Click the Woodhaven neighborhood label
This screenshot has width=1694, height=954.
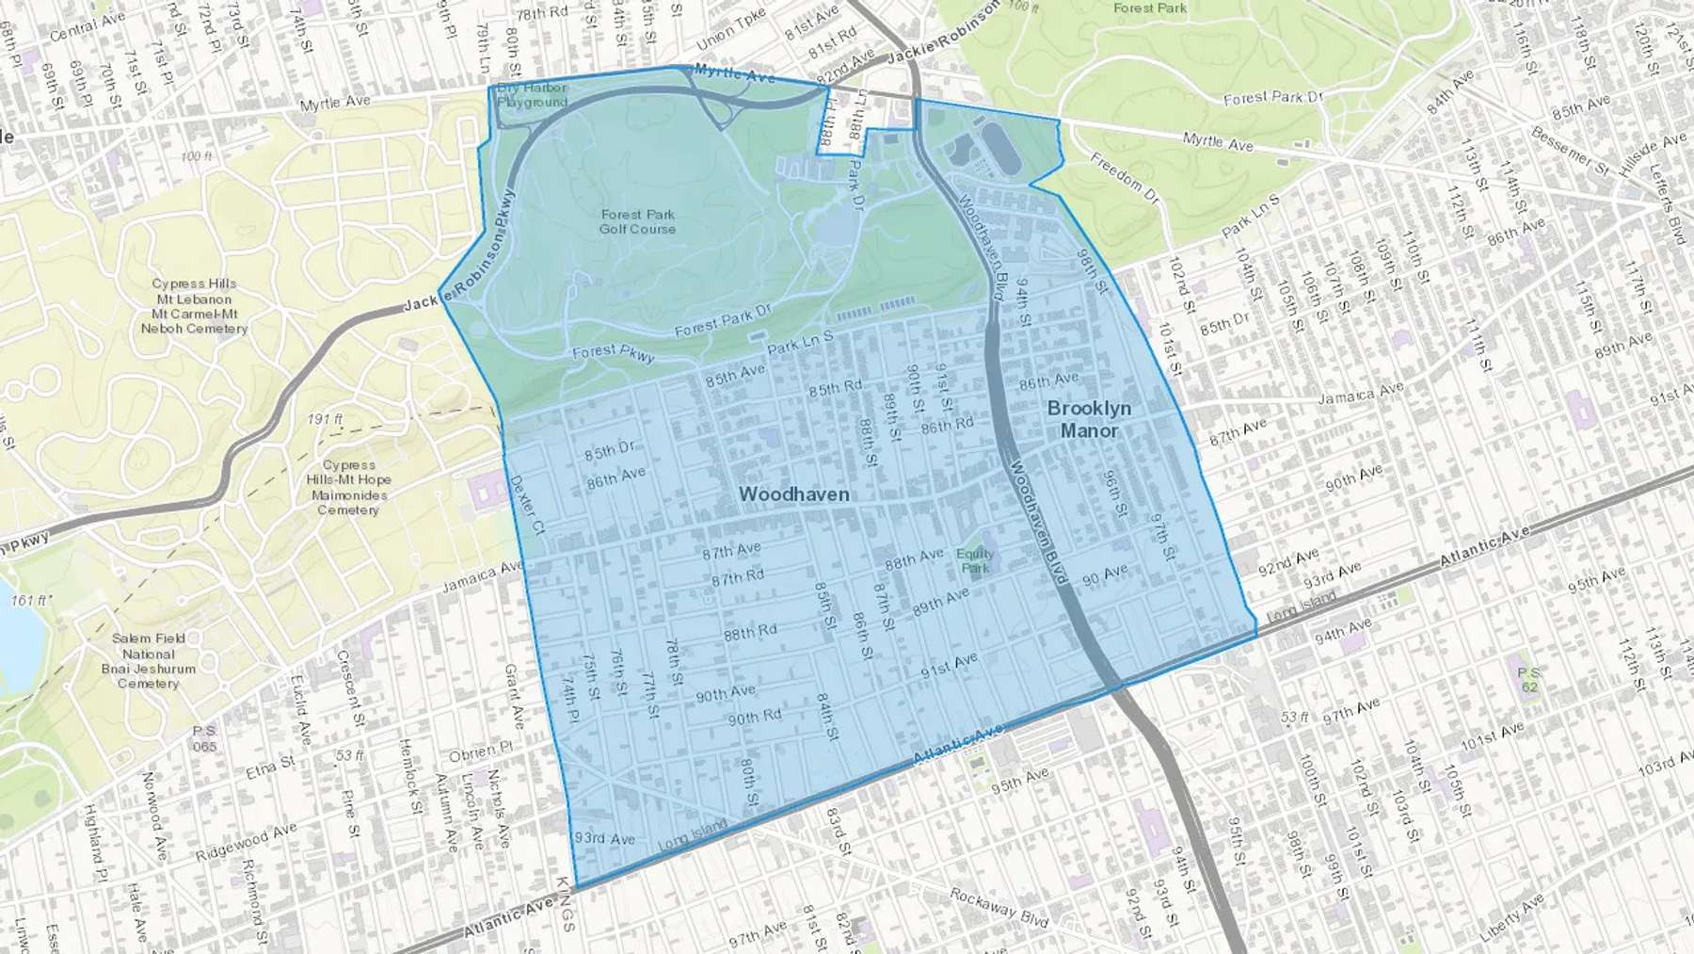[x=793, y=494]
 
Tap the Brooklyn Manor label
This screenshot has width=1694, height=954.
[x=1089, y=419]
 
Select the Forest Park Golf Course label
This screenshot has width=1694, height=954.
[x=637, y=221]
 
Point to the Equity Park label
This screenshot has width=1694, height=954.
[x=975, y=560]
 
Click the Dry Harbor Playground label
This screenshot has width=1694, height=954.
[x=533, y=95]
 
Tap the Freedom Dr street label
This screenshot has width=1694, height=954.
[x=1125, y=177]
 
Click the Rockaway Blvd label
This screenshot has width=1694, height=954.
[x=999, y=907]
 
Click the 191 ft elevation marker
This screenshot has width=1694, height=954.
[x=325, y=418]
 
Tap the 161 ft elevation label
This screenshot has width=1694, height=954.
[x=31, y=600]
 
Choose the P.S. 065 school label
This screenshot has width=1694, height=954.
[x=204, y=738]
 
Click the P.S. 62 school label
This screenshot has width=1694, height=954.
[x=1528, y=679]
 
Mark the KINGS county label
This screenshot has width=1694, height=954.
[x=564, y=904]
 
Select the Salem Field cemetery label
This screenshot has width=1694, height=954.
[x=149, y=660]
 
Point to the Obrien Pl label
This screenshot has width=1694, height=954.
[x=480, y=752]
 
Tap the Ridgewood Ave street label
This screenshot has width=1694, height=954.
[x=246, y=841]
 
